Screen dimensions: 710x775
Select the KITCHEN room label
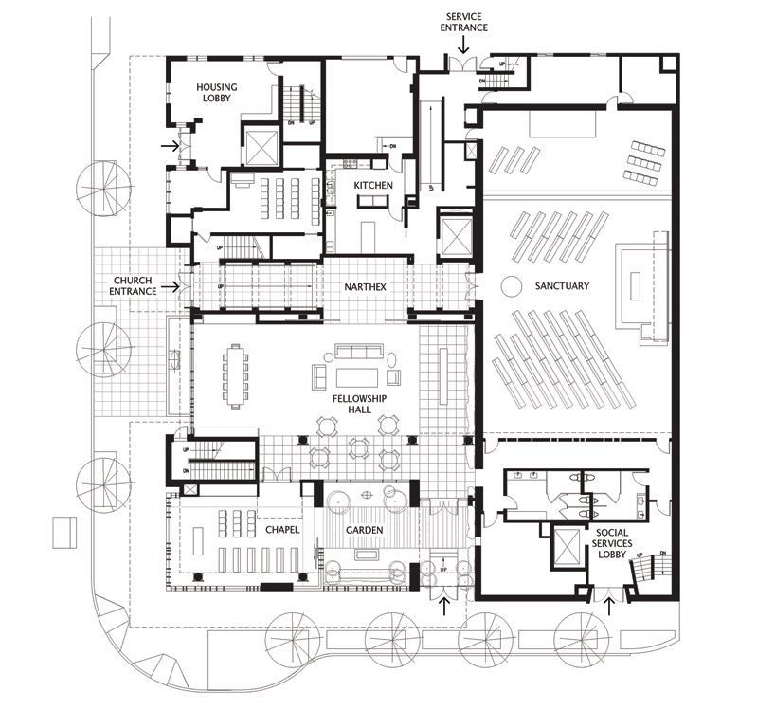click(373, 186)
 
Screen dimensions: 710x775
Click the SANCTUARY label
click(561, 286)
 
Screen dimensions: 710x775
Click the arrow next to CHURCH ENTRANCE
click(171, 285)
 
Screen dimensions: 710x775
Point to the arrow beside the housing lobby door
click(171, 146)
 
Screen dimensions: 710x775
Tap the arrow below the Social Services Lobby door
click(607, 602)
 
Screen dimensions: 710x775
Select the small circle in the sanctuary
click(511, 284)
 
